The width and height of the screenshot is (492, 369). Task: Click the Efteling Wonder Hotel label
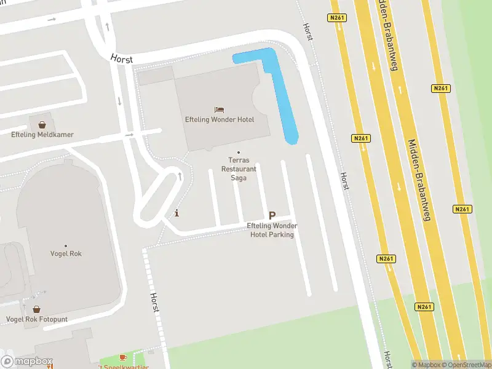tap(220, 119)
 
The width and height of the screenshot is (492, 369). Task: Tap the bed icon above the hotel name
tap(220, 109)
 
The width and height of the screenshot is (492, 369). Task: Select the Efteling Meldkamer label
tap(42, 135)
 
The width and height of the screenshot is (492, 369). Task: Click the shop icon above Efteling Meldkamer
tap(42, 125)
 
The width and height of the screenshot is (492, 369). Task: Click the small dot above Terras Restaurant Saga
tap(239, 153)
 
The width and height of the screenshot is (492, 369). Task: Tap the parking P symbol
tap(272, 216)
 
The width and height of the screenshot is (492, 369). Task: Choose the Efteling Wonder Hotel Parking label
tap(271, 230)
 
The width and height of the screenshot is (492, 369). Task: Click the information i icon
tap(177, 213)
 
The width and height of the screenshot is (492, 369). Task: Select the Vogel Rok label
tap(66, 253)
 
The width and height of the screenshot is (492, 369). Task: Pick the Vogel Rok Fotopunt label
tap(37, 319)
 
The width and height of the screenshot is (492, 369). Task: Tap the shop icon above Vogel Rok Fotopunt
tap(37, 309)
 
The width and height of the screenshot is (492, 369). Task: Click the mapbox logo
tap(27, 362)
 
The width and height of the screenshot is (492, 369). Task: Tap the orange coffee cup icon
tap(122, 357)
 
